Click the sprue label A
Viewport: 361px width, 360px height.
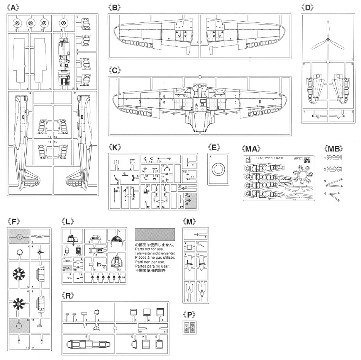pyautogui.click(x=14, y=8)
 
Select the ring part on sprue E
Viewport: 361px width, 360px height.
pyautogui.click(x=217, y=168)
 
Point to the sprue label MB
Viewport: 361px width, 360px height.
pyautogui.click(x=334, y=149)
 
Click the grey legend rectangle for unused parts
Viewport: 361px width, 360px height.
pyautogui.click(x=155, y=234)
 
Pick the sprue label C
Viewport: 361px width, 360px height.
pyautogui.click(x=115, y=71)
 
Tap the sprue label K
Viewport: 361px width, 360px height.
pyautogui.click(x=115, y=147)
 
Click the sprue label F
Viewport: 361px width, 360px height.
pyautogui.click(x=14, y=221)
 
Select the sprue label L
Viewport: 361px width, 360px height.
pyautogui.click(x=68, y=221)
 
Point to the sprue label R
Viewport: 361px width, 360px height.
pyautogui.click(x=68, y=295)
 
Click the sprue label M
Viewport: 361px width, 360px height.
pyautogui.click(x=190, y=221)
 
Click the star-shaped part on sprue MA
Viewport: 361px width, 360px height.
pyautogui.click(x=303, y=177)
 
